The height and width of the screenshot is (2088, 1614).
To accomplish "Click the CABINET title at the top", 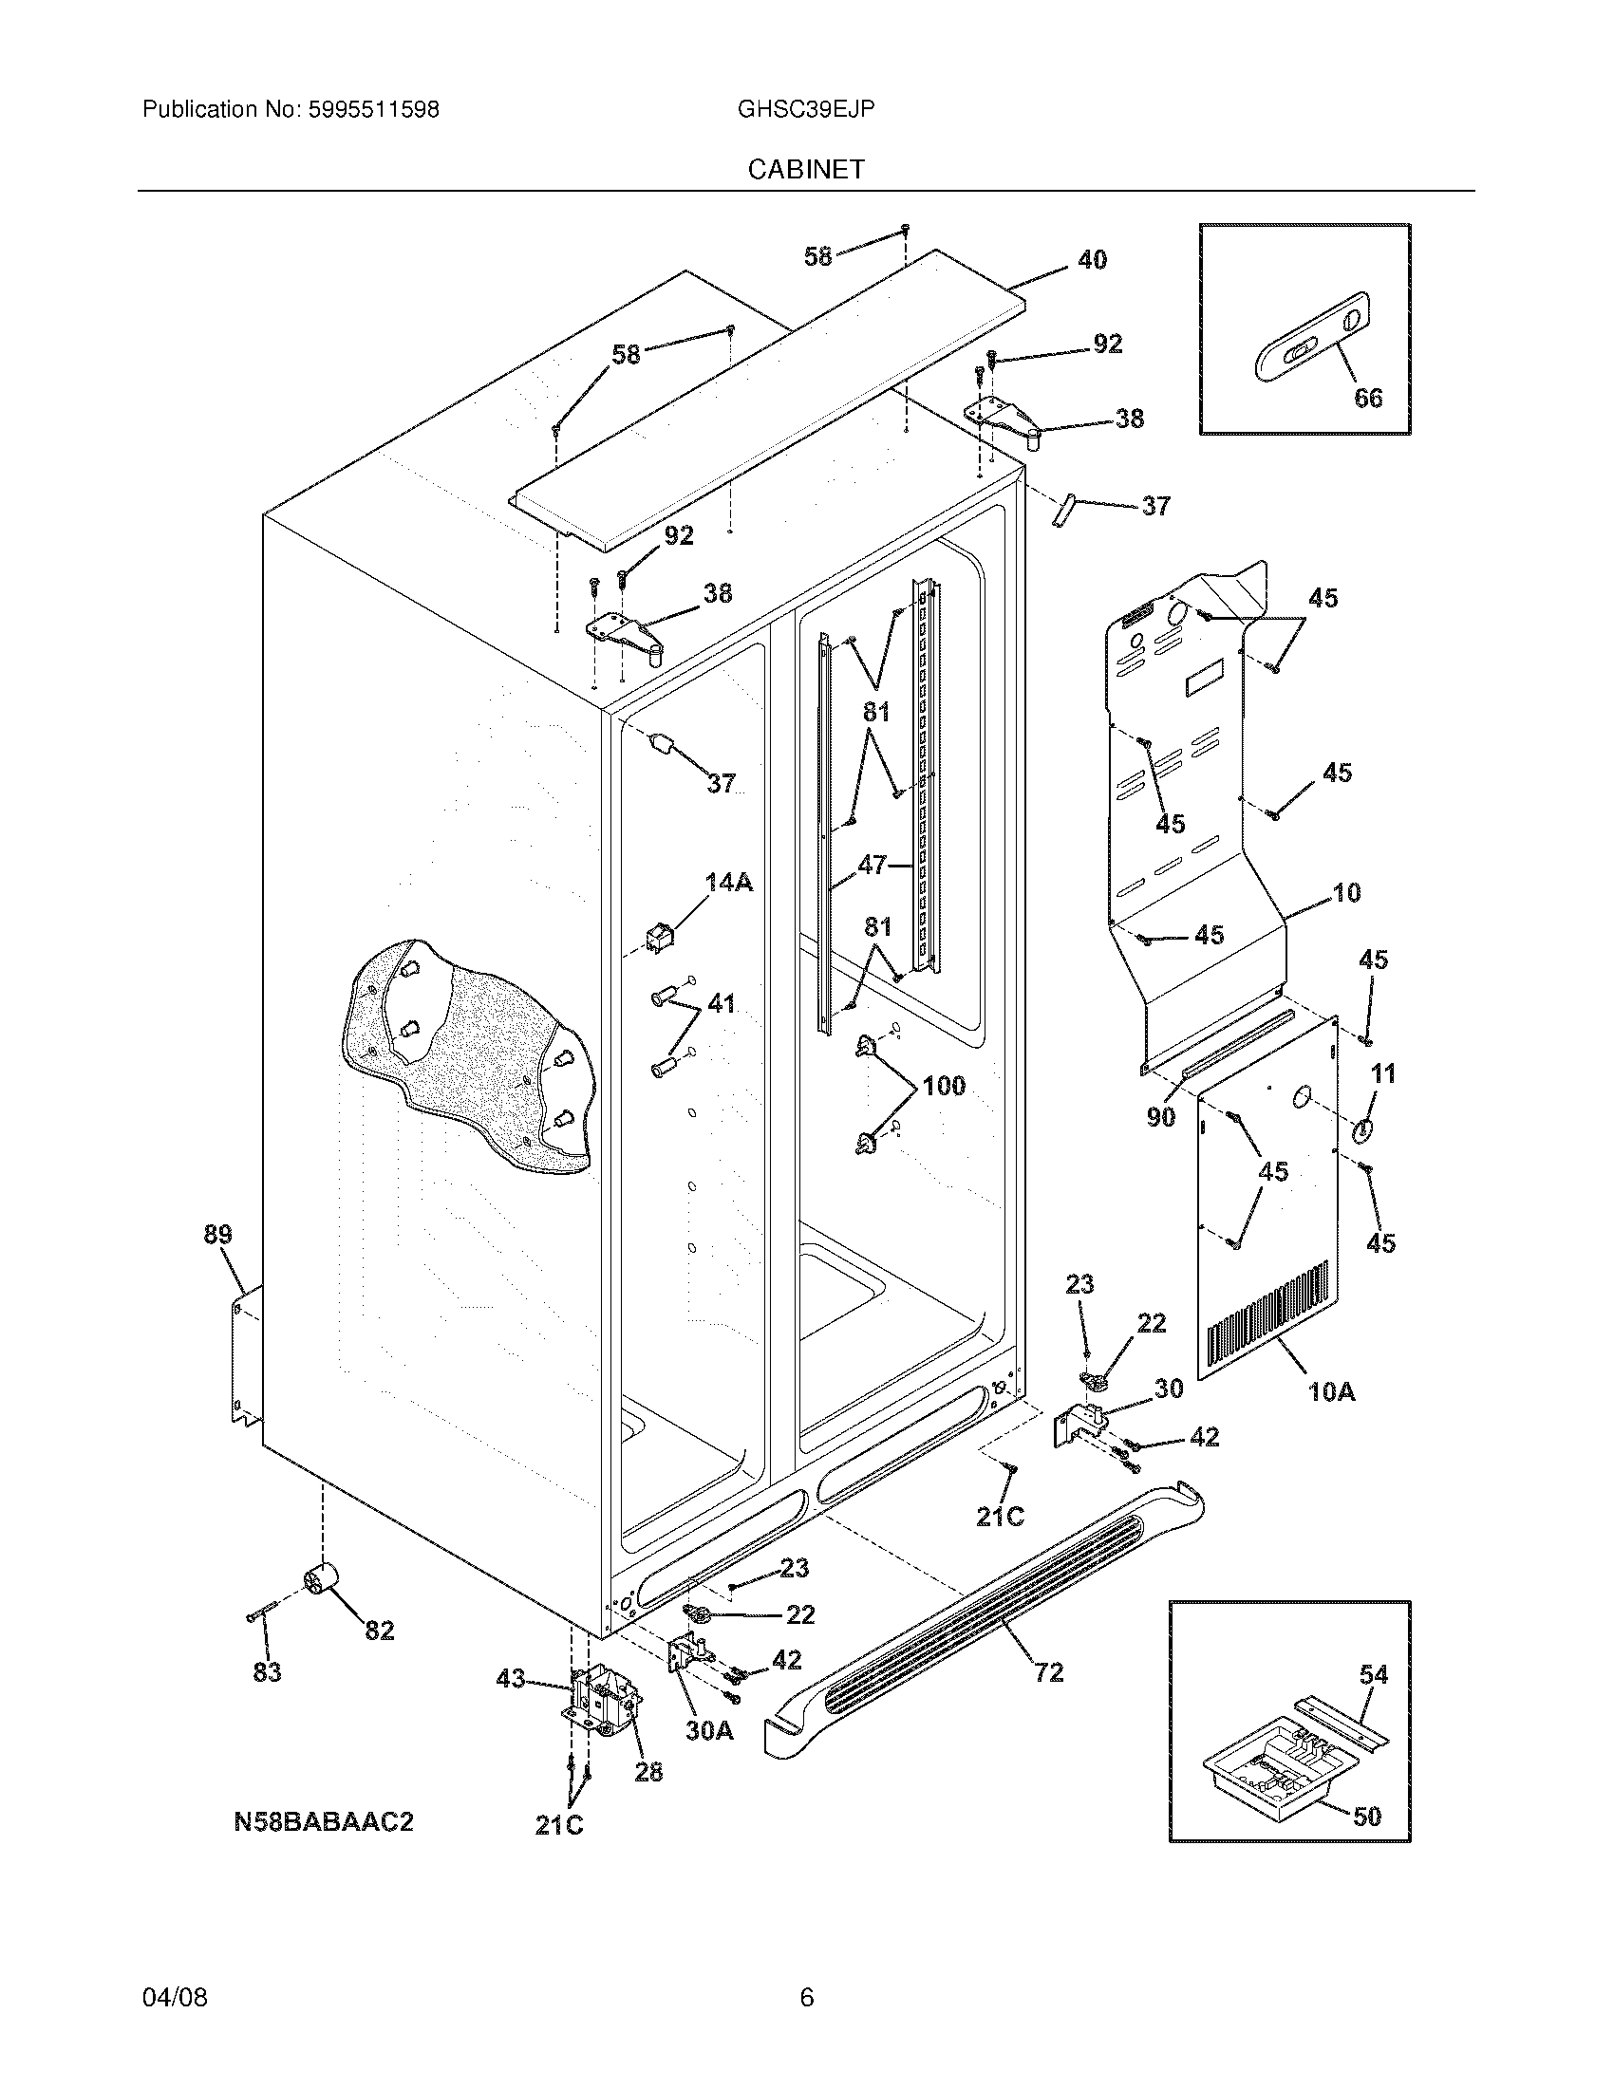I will tap(806, 169).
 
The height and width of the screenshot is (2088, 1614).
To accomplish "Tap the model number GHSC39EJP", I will tap(806, 110).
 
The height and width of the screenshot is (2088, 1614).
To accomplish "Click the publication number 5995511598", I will tap(373, 110).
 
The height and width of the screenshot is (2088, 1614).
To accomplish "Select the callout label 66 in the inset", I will tap(1368, 398).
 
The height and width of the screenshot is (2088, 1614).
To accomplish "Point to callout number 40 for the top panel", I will tap(1092, 259).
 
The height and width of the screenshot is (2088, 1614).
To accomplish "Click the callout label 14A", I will tap(728, 883).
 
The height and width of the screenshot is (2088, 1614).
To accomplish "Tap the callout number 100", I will tap(944, 1086).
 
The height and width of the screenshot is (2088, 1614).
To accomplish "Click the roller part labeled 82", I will tap(322, 1581).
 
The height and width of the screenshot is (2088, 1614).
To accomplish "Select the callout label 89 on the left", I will tap(218, 1235).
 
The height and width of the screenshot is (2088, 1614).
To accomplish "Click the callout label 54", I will tap(1374, 1675).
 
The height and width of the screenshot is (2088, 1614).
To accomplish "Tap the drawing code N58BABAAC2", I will tap(323, 1821).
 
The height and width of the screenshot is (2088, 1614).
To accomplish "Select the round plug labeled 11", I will tap(1362, 1131).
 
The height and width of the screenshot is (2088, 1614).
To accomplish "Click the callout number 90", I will tap(1161, 1117).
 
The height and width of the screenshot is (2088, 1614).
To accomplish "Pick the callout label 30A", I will tap(709, 1730).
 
